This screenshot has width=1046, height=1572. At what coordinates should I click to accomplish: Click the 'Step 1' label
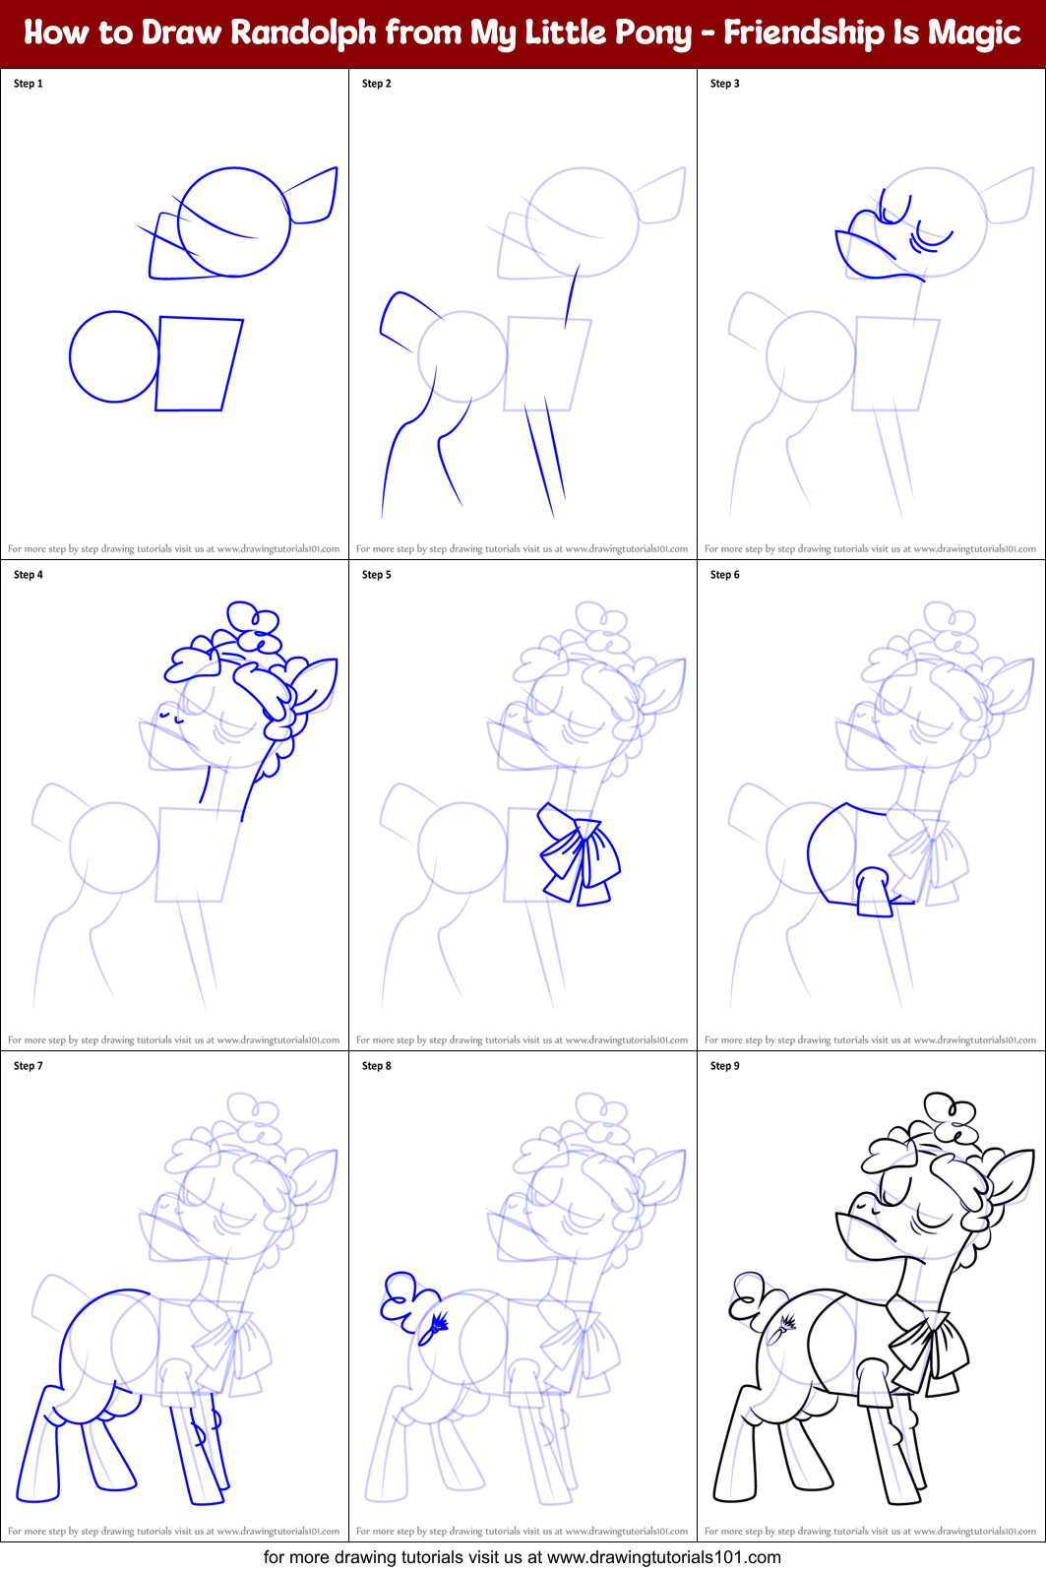[x=29, y=84]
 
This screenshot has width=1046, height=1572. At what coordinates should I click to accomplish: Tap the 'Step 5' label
[x=376, y=575]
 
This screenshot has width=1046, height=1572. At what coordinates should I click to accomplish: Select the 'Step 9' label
[x=724, y=1066]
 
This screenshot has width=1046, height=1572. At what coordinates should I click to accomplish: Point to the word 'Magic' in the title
[x=974, y=32]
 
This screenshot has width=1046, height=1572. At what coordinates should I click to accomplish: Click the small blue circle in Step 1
[x=114, y=356]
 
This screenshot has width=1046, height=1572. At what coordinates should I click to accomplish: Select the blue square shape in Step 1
[x=199, y=363]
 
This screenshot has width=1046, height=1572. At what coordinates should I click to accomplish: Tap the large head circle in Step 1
[x=234, y=222]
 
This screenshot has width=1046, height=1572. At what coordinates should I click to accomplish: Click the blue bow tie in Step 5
[x=580, y=853]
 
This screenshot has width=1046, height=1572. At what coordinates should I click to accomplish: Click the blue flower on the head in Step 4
[x=254, y=628]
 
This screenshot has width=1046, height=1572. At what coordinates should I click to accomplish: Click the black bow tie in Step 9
[x=927, y=1345]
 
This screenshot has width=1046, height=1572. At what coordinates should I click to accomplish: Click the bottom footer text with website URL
[x=522, y=1557]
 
